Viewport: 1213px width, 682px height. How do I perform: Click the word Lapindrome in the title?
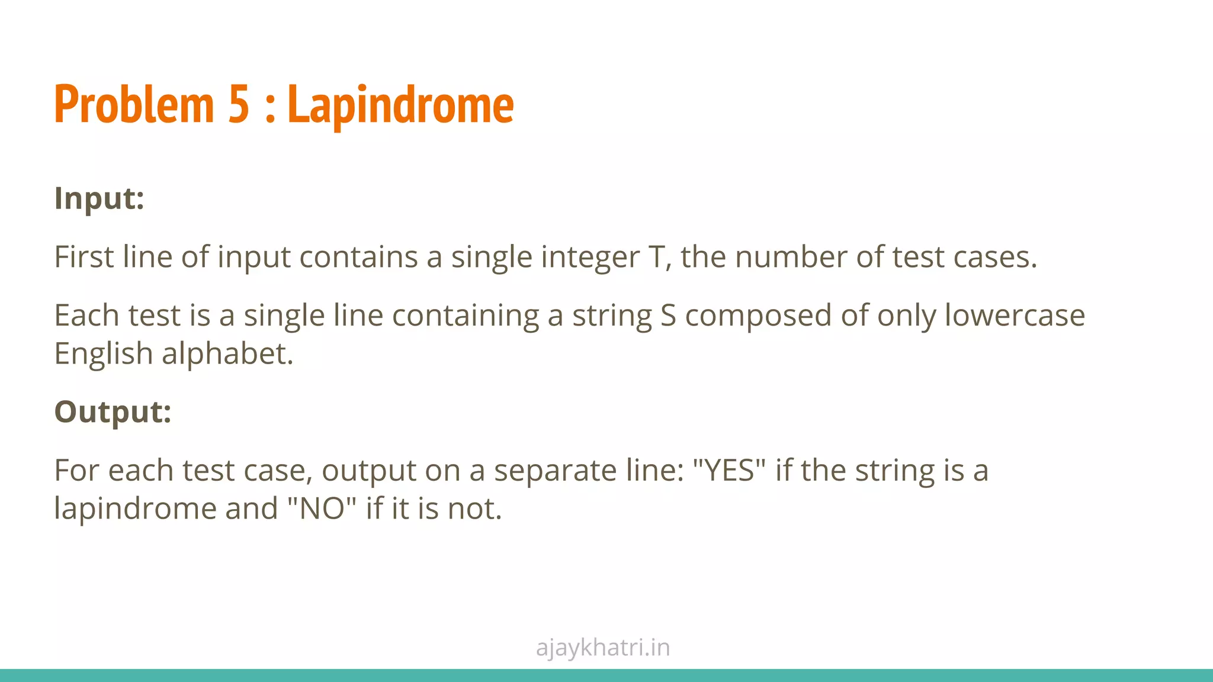click(400, 105)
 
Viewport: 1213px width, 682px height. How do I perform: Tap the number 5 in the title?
click(239, 105)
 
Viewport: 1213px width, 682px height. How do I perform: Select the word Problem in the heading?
click(134, 105)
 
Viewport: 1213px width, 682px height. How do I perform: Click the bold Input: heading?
click(99, 198)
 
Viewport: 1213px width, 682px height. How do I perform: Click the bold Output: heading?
click(113, 411)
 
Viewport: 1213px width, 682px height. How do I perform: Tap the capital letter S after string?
click(668, 315)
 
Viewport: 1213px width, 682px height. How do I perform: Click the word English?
click(104, 354)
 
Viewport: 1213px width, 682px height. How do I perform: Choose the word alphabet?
click(227, 354)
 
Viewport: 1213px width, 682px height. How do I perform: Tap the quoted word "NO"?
click(322, 509)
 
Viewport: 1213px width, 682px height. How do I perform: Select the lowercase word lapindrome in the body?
click(136, 509)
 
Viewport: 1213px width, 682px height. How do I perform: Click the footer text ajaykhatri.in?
click(603, 648)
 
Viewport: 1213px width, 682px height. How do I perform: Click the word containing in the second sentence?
click(466, 316)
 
